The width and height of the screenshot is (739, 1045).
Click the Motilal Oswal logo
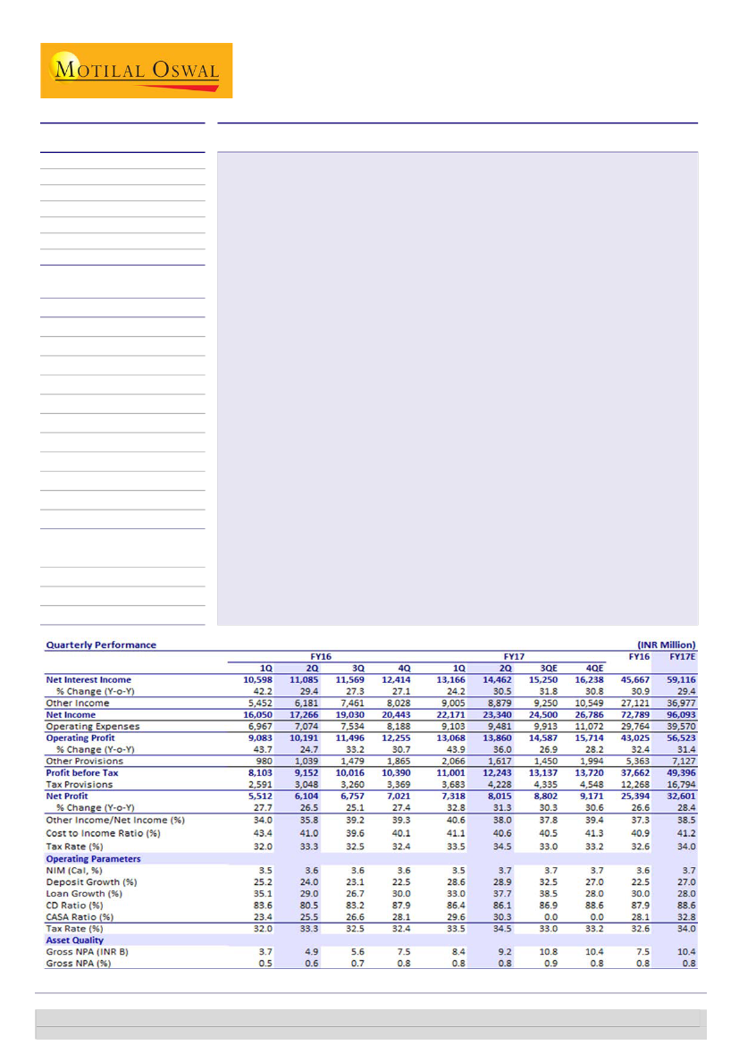(136, 71)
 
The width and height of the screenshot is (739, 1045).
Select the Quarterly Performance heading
(101, 645)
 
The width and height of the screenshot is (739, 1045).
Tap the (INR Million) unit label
(666, 645)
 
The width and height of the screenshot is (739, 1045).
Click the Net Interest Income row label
(88, 680)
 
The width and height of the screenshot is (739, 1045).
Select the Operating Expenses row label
(93, 727)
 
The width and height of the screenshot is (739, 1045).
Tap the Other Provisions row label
(85, 761)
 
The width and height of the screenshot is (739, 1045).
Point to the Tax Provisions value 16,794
(681, 784)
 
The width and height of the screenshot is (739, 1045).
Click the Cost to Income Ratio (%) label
(103, 833)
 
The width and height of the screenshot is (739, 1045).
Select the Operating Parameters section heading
(93, 858)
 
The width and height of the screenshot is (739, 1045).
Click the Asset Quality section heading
(75, 940)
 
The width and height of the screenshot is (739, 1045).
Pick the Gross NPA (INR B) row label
(88, 952)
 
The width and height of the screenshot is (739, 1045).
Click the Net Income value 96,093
(681, 715)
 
